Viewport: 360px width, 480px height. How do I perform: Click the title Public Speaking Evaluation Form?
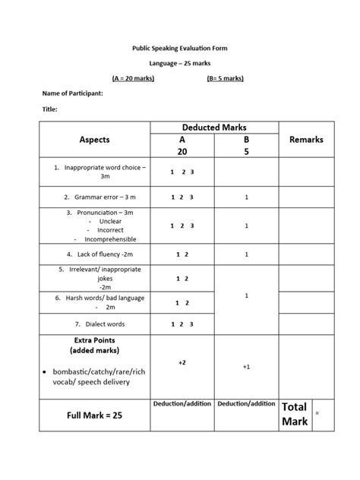point(179,48)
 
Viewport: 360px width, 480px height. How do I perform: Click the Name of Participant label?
point(72,93)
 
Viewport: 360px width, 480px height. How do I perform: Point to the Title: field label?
point(49,109)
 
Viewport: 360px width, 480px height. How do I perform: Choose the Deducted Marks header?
point(215,128)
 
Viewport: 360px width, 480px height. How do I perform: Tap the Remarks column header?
point(306,140)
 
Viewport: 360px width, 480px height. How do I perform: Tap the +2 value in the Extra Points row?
point(182,363)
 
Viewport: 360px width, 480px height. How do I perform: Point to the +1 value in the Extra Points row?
point(246,367)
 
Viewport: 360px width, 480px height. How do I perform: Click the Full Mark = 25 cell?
point(94,415)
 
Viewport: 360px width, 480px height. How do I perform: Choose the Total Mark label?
point(295,414)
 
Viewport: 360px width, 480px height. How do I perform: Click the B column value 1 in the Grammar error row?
point(246,197)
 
